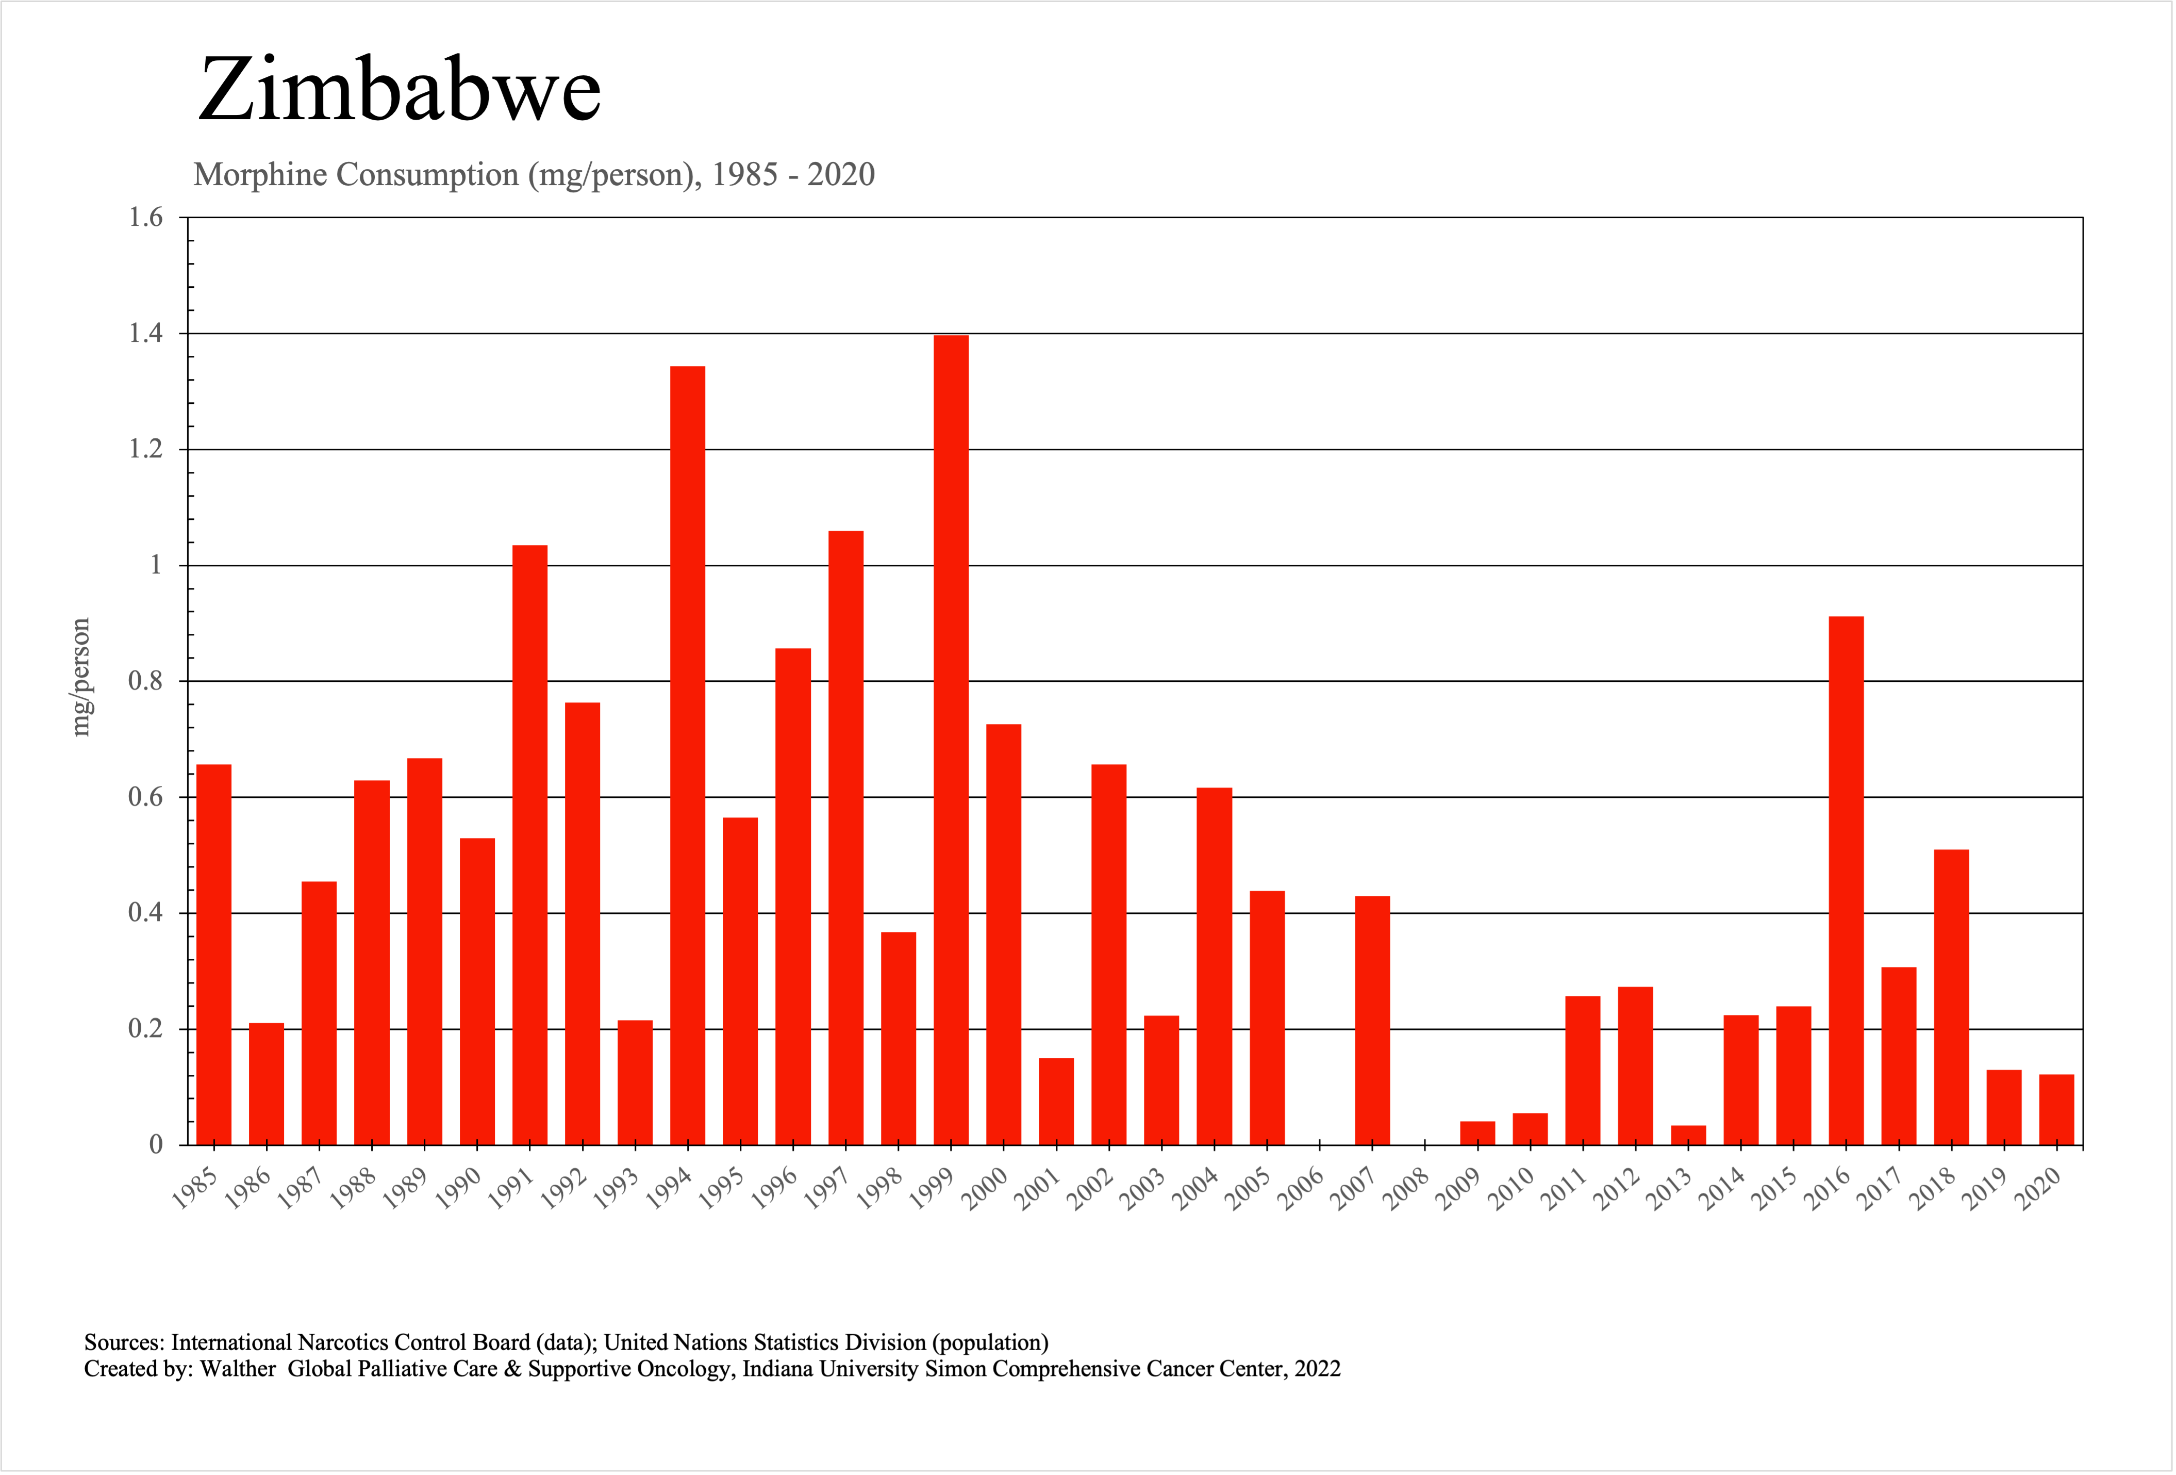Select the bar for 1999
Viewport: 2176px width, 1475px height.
click(x=951, y=740)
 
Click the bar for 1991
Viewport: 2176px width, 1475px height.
click(x=530, y=845)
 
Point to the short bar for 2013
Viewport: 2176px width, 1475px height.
click(x=1688, y=1135)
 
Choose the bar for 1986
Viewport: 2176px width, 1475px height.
click(x=267, y=1084)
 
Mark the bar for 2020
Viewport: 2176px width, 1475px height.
click(x=2056, y=1110)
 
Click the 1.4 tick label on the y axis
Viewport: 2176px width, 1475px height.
click(x=145, y=333)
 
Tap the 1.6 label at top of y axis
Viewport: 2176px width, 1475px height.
click(x=145, y=217)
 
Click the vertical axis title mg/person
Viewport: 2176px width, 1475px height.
click(x=81, y=677)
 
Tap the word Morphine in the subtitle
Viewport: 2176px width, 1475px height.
click(x=261, y=175)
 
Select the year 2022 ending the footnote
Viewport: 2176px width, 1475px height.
click(x=1318, y=1369)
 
